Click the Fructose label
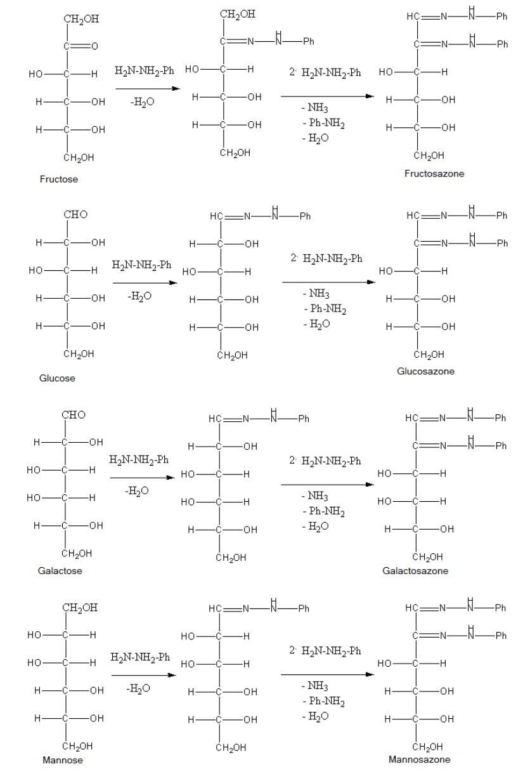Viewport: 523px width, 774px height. click(59, 179)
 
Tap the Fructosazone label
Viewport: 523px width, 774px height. click(434, 173)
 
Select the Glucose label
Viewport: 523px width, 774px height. click(57, 378)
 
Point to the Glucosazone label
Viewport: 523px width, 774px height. click(425, 371)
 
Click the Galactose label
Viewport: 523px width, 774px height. click(60, 570)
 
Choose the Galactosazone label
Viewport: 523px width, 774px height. click(415, 570)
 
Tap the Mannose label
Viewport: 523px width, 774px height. click(63, 760)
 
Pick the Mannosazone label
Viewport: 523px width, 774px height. click(420, 759)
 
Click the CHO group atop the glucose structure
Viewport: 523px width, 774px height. click(75, 214)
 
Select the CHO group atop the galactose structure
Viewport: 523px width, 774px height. click(74, 414)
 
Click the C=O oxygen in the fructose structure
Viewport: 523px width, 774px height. click(94, 46)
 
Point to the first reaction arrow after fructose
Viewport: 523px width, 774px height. click(148, 89)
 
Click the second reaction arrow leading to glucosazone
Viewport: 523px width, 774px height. click(328, 282)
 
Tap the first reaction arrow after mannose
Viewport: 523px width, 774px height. click(144, 675)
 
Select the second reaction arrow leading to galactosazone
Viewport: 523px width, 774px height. click(327, 485)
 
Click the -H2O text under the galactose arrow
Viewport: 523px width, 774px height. click(137, 490)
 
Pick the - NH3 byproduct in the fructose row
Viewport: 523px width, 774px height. click(314, 107)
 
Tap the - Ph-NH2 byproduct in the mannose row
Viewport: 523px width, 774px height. click(323, 701)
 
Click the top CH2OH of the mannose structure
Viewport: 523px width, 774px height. click(80, 608)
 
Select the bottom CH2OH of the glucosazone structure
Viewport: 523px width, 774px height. click(429, 355)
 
